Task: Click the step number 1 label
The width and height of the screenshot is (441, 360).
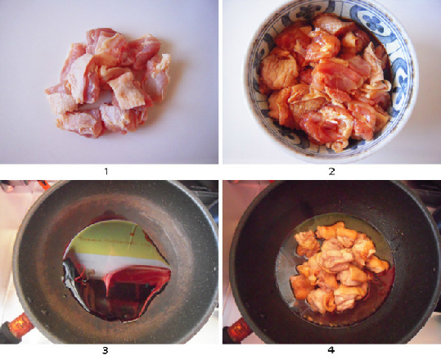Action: coord(106,171)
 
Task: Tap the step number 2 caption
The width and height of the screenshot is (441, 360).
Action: coord(331,171)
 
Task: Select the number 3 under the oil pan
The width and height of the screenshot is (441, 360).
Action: coord(106,350)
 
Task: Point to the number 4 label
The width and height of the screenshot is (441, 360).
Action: coord(331,350)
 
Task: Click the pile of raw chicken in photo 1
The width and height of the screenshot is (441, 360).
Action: coord(108,83)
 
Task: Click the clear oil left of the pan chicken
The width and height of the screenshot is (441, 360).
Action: coord(285,270)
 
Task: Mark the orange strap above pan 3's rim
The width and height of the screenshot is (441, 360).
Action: coord(44,185)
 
